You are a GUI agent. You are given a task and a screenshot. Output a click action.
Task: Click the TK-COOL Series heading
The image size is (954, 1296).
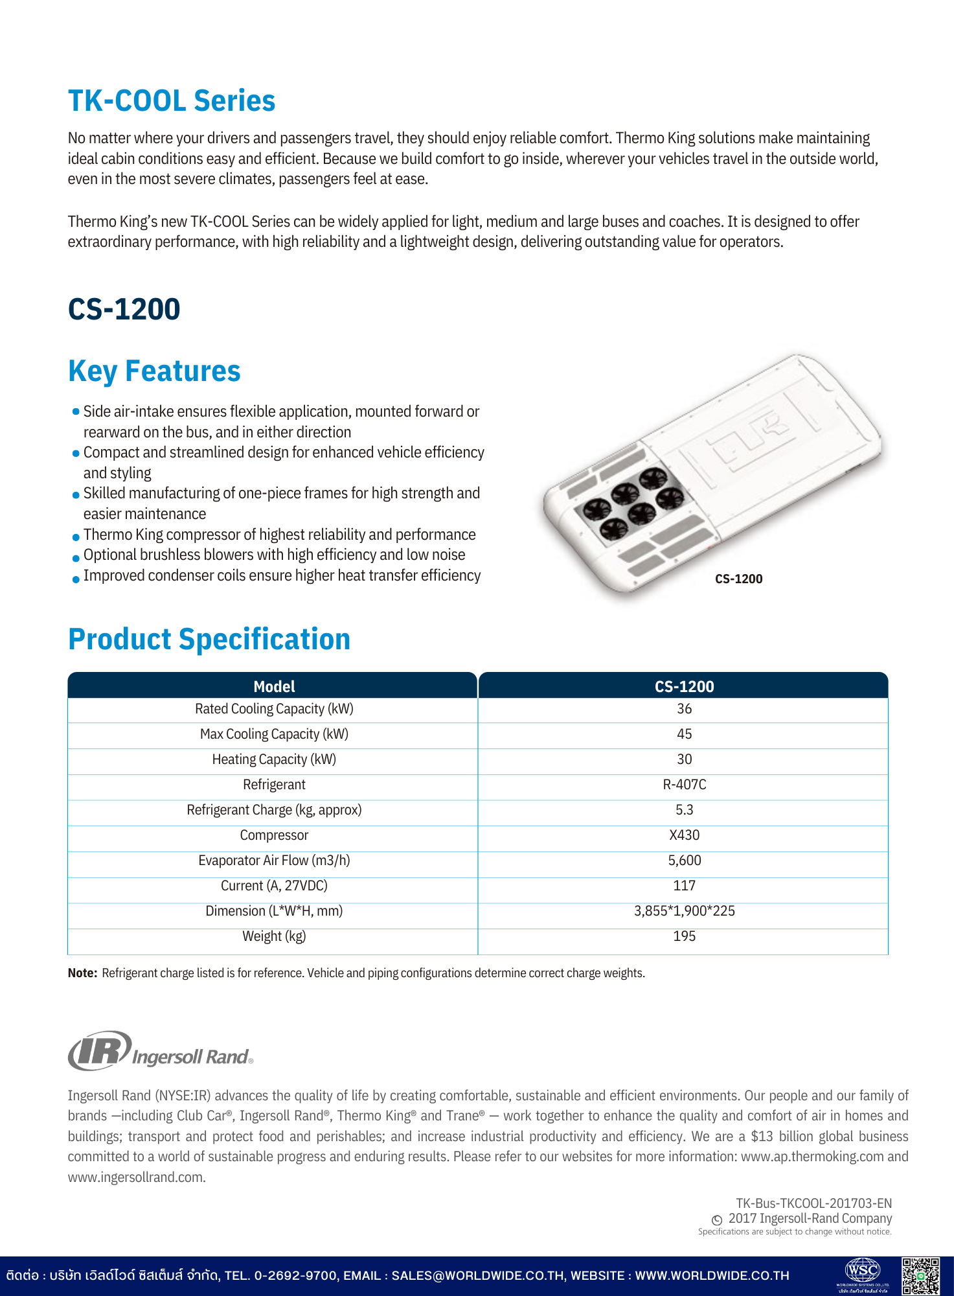click(x=172, y=101)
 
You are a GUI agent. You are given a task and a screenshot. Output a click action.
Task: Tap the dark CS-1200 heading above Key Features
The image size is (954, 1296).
click(x=124, y=309)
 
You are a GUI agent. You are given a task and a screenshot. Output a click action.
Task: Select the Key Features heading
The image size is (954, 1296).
click(x=154, y=371)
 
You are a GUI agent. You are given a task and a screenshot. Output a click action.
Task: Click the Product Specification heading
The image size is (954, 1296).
click(x=209, y=639)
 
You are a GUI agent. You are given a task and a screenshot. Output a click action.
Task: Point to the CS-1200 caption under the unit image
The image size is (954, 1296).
click(x=738, y=579)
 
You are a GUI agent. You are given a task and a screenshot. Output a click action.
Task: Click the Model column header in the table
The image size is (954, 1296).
click(x=274, y=686)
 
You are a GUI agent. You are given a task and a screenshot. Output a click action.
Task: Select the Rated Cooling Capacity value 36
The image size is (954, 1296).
click(x=684, y=709)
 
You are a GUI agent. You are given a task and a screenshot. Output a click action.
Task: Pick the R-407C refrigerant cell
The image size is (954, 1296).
click(x=684, y=785)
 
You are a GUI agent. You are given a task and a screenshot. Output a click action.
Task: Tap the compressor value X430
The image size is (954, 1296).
click(x=684, y=835)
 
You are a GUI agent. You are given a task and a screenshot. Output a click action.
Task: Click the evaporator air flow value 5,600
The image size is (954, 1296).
click(x=684, y=861)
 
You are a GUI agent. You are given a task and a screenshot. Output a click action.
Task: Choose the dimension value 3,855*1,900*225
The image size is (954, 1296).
click(x=684, y=911)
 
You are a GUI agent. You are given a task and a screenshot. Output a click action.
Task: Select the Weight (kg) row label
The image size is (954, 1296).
click(x=274, y=936)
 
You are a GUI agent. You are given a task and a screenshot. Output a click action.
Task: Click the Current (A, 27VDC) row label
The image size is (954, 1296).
click(x=274, y=886)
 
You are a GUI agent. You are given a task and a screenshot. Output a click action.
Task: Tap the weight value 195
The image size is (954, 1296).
click(x=684, y=936)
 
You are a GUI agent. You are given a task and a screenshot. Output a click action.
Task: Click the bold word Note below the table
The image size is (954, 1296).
click(x=82, y=973)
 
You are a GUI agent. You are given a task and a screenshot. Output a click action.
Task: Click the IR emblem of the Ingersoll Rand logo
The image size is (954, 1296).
click(x=100, y=1050)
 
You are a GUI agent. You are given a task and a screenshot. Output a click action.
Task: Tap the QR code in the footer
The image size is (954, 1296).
click(x=920, y=1276)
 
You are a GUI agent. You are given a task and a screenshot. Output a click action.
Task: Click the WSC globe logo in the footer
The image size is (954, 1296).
click(x=863, y=1271)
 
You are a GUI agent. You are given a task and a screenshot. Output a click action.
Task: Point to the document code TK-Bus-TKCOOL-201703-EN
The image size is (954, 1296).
click(x=813, y=1203)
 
